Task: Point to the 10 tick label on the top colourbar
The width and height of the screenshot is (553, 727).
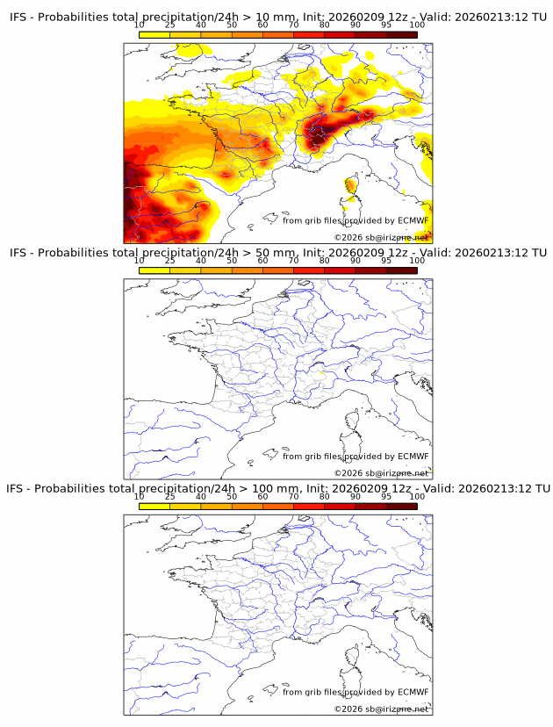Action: (x=140, y=25)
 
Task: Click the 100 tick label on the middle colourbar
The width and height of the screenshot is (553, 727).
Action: (x=417, y=261)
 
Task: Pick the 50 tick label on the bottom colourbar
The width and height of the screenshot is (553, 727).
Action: (x=232, y=496)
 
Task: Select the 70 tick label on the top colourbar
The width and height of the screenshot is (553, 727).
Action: (x=293, y=25)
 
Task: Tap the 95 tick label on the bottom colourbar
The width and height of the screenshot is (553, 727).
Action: (x=386, y=496)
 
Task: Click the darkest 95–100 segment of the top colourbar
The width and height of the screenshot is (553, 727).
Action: (x=401, y=35)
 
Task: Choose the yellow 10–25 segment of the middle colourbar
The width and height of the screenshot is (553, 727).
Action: (x=154, y=270)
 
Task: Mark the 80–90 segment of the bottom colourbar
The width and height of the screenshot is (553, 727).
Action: (x=340, y=506)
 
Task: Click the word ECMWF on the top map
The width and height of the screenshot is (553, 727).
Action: (x=413, y=220)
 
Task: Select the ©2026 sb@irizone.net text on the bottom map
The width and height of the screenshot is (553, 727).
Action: (x=381, y=709)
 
